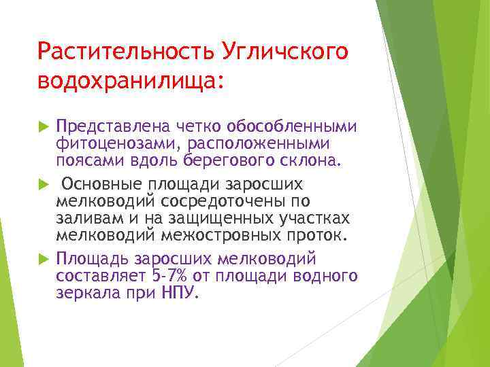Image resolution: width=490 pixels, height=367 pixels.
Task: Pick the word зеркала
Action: pyautogui.click(x=81, y=293)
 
